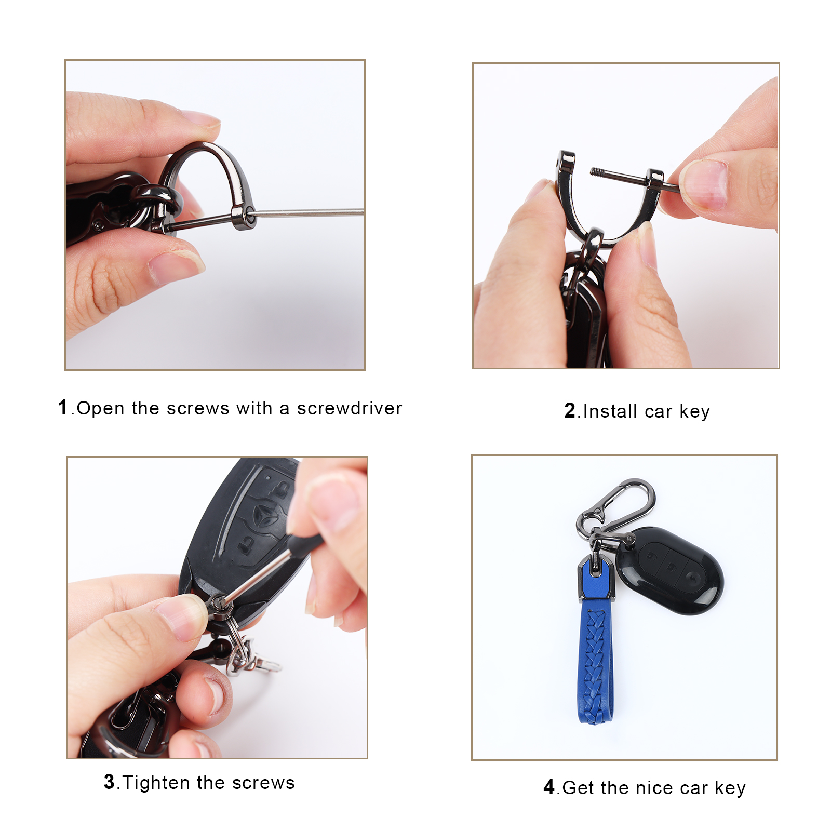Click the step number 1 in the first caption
63,407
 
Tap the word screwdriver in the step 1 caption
350,408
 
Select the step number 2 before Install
570,410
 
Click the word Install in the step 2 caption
610,411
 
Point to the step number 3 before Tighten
109,781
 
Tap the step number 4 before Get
549,787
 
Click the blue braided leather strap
596,660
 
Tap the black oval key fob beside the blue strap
670,570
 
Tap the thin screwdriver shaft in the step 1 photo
310,212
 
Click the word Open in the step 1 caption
100,409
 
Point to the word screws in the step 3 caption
263,783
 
